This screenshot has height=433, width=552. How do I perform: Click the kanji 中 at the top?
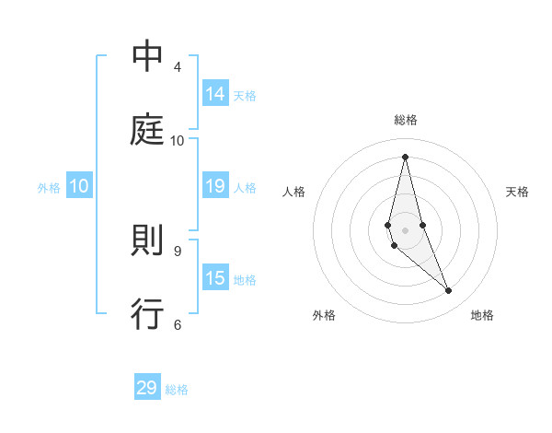(147, 57)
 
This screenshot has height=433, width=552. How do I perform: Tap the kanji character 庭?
(147, 130)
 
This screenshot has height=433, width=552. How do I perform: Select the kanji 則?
(147, 241)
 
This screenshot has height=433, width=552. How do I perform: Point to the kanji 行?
(147, 314)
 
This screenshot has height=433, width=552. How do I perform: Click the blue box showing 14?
(215, 94)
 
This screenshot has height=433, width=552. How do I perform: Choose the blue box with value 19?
(215, 186)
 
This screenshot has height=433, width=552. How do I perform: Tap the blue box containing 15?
(215, 278)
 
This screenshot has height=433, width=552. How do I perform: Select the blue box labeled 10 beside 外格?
(79, 186)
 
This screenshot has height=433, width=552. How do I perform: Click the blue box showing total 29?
(147, 388)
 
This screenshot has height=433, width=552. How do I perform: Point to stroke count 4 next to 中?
(178, 67)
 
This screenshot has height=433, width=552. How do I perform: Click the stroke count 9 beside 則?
(178, 251)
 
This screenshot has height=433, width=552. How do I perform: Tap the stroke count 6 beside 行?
(178, 324)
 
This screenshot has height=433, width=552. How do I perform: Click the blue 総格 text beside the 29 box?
(177, 390)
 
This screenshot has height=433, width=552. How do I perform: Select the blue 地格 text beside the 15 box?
(245, 280)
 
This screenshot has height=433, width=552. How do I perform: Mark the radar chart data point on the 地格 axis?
(449, 291)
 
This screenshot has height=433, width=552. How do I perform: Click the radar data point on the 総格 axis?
(405, 157)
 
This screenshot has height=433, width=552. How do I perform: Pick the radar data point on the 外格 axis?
(394, 245)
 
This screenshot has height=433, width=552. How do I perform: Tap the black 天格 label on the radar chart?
(517, 192)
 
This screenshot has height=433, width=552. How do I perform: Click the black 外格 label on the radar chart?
(324, 316)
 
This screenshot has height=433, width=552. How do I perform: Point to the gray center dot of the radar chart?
(405, 229)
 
